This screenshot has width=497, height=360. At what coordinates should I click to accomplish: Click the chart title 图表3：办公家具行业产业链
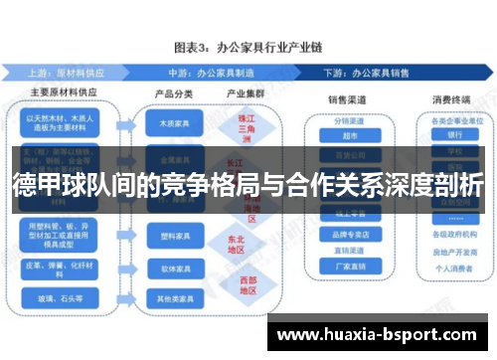tap(248, 47)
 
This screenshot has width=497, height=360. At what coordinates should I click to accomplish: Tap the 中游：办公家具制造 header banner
tap(214, 73)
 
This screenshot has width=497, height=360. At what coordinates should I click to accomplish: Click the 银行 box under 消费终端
tap(455, 134)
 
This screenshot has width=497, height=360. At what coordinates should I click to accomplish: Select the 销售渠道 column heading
tap(348, 100)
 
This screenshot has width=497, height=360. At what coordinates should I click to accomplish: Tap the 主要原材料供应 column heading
tap(63, 94)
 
